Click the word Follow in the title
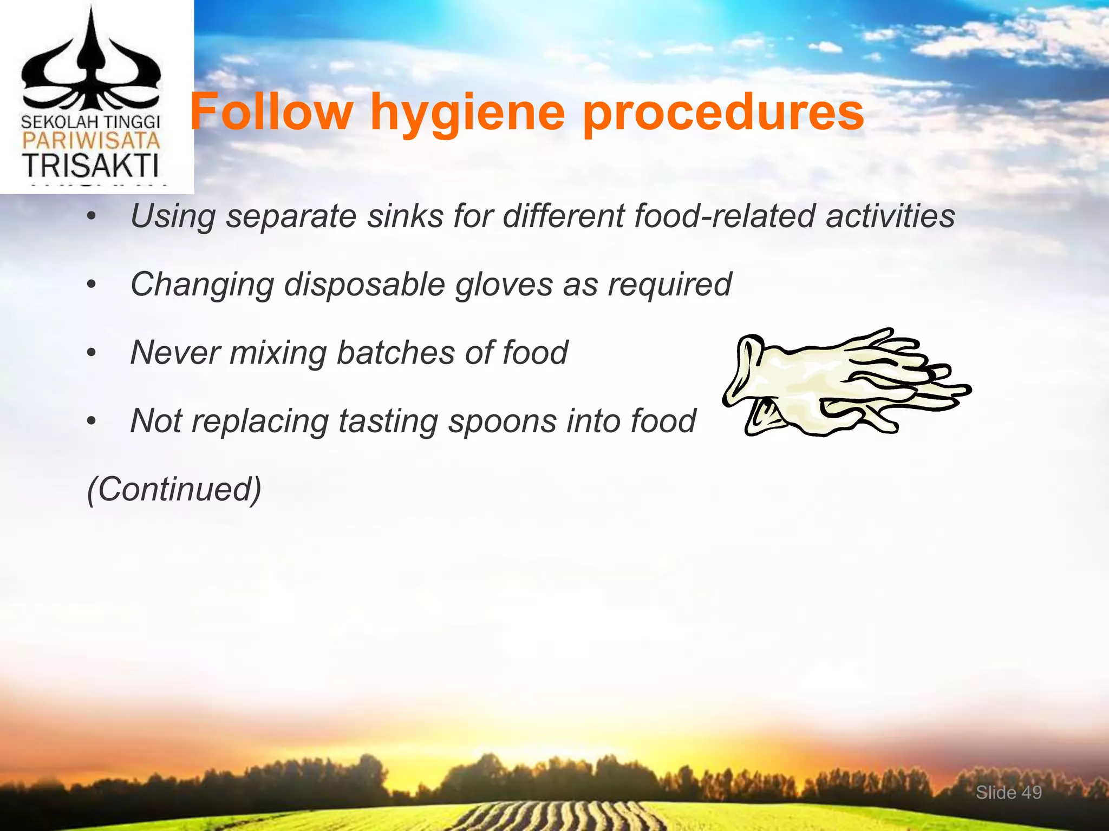[x=271, y=112]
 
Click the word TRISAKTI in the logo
[x=90, y=166]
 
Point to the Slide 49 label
[x=1008, y=793]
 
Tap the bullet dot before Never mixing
[x=92, y=353]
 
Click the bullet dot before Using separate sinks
[x=92, y=217]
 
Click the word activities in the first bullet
[x=890, y=216]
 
